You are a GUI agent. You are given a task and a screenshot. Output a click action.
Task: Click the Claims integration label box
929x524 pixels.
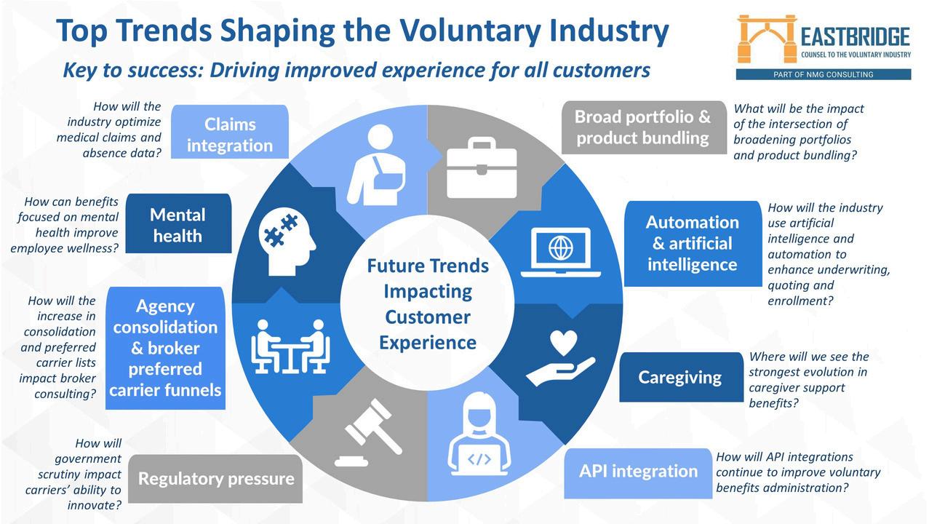tap(230, 133)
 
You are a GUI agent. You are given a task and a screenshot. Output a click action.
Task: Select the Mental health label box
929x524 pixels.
tap(178, 224)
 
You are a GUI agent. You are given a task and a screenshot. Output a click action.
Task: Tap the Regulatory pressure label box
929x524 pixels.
tap(216, 478)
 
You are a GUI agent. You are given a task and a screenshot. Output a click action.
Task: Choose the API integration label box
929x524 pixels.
tap(638, 471)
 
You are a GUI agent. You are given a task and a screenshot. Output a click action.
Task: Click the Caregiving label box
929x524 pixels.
tap(679, 377)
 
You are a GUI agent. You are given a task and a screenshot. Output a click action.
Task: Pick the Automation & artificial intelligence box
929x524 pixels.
tap(692, 243)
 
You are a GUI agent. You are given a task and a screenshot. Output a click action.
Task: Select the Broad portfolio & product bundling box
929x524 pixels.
tap(643, 127)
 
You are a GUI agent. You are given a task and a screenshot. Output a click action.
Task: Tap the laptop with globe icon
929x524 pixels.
tap(560, 252)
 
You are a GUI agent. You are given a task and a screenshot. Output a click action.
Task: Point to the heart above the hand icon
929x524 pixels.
tap(564, 341)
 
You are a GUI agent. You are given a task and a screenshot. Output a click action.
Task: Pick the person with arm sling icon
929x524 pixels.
tap(378, 166)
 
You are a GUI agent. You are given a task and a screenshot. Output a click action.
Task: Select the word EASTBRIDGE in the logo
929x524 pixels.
tap(855, 36)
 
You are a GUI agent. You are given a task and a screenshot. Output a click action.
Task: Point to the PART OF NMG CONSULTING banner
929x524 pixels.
tap(823, 74)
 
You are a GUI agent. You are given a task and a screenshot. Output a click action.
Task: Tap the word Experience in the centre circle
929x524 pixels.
tap(427, 342)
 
